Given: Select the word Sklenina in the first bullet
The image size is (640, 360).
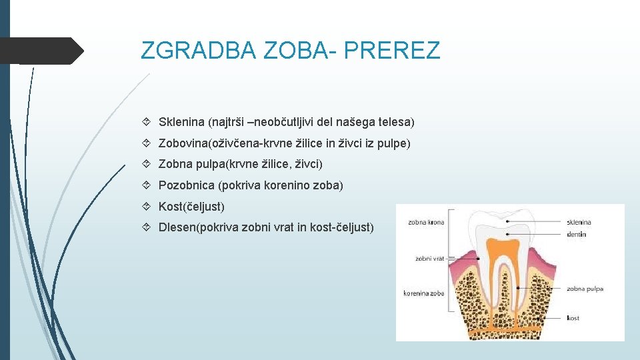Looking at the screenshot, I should pyautogui.click(x=181, y=123).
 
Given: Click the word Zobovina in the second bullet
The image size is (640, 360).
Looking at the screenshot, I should pyautogui.click(x=182, y=143).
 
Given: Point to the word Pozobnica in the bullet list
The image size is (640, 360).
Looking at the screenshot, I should pyautogui.click(x=186, y=185).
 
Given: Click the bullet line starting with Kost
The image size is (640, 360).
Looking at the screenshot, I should pyautogui.click(x=191, y=207).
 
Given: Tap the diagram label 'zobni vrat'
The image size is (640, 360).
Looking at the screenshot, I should pyautogui.click(x=428, y=258).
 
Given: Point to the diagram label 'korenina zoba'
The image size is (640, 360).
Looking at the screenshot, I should pyautogui.click(x=424, y=293).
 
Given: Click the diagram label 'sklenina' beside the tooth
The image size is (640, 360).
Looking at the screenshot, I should pyautogui.click(x=579, y=222).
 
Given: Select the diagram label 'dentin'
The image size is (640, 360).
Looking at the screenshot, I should pyautogui.click(x=576, y=234).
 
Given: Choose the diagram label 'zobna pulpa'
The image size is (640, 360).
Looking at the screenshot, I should pyautogui.click(x=585, y=289).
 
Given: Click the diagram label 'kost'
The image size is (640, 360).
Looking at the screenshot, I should pyautogui.click(x=573, y=318).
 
